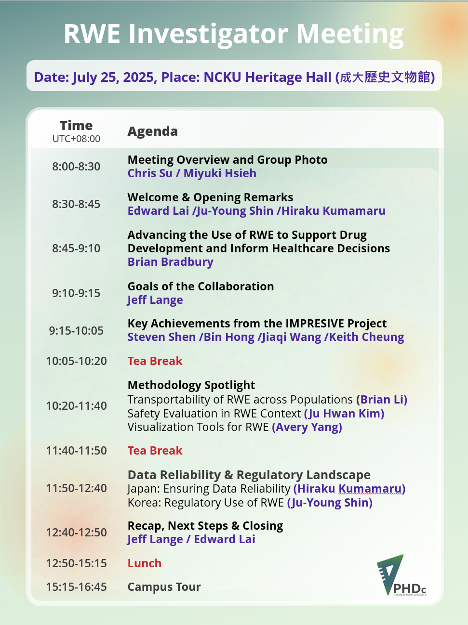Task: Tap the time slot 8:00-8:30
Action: point(76,167)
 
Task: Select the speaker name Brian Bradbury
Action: point(171,262)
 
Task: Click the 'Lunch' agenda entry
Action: point(145,563)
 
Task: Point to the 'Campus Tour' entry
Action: point(164,587)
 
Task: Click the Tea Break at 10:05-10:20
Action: point(155,361)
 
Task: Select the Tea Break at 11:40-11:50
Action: point(155,451)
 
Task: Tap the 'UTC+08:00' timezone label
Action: point(76,139)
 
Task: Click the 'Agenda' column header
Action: point(152,131)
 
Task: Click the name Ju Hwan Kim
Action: point(345,414)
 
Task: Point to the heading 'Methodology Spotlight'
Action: point(191,385)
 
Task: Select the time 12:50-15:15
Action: point(76,563)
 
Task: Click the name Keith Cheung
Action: point(366,337)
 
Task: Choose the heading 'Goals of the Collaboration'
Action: point(201,286)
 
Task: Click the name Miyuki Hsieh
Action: point(220,173)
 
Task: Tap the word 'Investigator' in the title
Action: point(208,34)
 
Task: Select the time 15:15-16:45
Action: point(76,587)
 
